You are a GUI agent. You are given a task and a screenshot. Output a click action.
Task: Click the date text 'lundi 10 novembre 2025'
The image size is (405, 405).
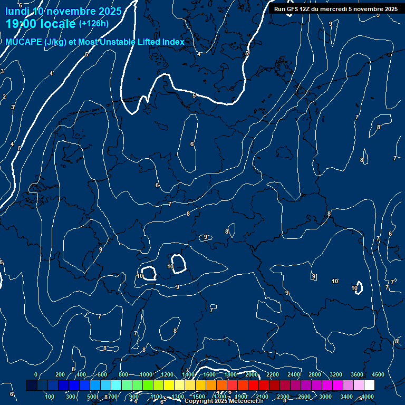click(63, 11)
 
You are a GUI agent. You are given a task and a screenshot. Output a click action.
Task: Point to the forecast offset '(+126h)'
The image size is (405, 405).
click(93, 23)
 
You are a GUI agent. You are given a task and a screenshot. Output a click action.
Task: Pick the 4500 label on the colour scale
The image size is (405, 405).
click(378, 374)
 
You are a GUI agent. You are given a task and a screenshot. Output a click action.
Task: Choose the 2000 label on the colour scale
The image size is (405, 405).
click(252, 374)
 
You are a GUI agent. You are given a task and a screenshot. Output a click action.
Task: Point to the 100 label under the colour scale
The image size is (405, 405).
click(50, 397)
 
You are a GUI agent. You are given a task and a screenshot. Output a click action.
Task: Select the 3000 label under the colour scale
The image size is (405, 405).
click(325, 397)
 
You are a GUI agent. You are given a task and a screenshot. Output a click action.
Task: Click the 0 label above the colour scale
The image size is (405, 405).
click(36, 374)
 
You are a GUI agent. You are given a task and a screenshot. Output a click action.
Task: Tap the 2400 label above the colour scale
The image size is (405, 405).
click(294, 374)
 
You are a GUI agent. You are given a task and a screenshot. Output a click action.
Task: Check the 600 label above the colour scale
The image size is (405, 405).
click(102, 374)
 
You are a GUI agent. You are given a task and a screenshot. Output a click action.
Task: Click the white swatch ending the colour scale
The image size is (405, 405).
click(369, 385)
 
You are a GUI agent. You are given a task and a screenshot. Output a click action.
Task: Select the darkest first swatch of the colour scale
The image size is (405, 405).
click(32, 385)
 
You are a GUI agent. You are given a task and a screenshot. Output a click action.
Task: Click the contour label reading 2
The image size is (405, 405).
click(4, 97)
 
